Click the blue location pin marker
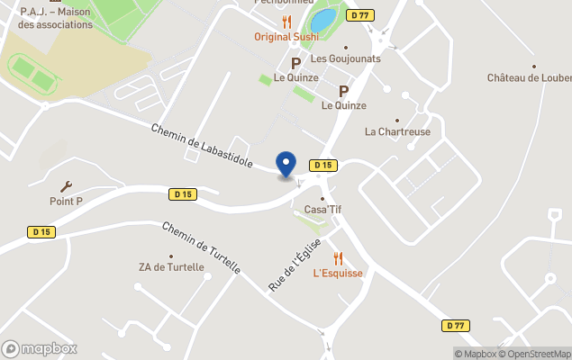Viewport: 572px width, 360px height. (286, 164)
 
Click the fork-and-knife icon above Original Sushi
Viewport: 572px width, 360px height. (286, 22)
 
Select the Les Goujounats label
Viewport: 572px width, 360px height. (345, 58)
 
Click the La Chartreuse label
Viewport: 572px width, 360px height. (397, 131)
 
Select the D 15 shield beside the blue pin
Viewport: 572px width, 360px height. (322, 166)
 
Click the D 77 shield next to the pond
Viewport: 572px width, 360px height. (361, 15)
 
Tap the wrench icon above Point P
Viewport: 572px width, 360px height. (66, 186)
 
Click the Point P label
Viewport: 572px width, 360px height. (66, 202)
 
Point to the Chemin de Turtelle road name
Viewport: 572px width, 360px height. (201, 247)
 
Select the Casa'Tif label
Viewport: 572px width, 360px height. (322, 210)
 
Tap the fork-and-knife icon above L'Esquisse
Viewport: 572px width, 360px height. (338, 258)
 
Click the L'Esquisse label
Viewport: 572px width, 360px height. (338, 274)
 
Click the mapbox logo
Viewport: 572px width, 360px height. (40, 348)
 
